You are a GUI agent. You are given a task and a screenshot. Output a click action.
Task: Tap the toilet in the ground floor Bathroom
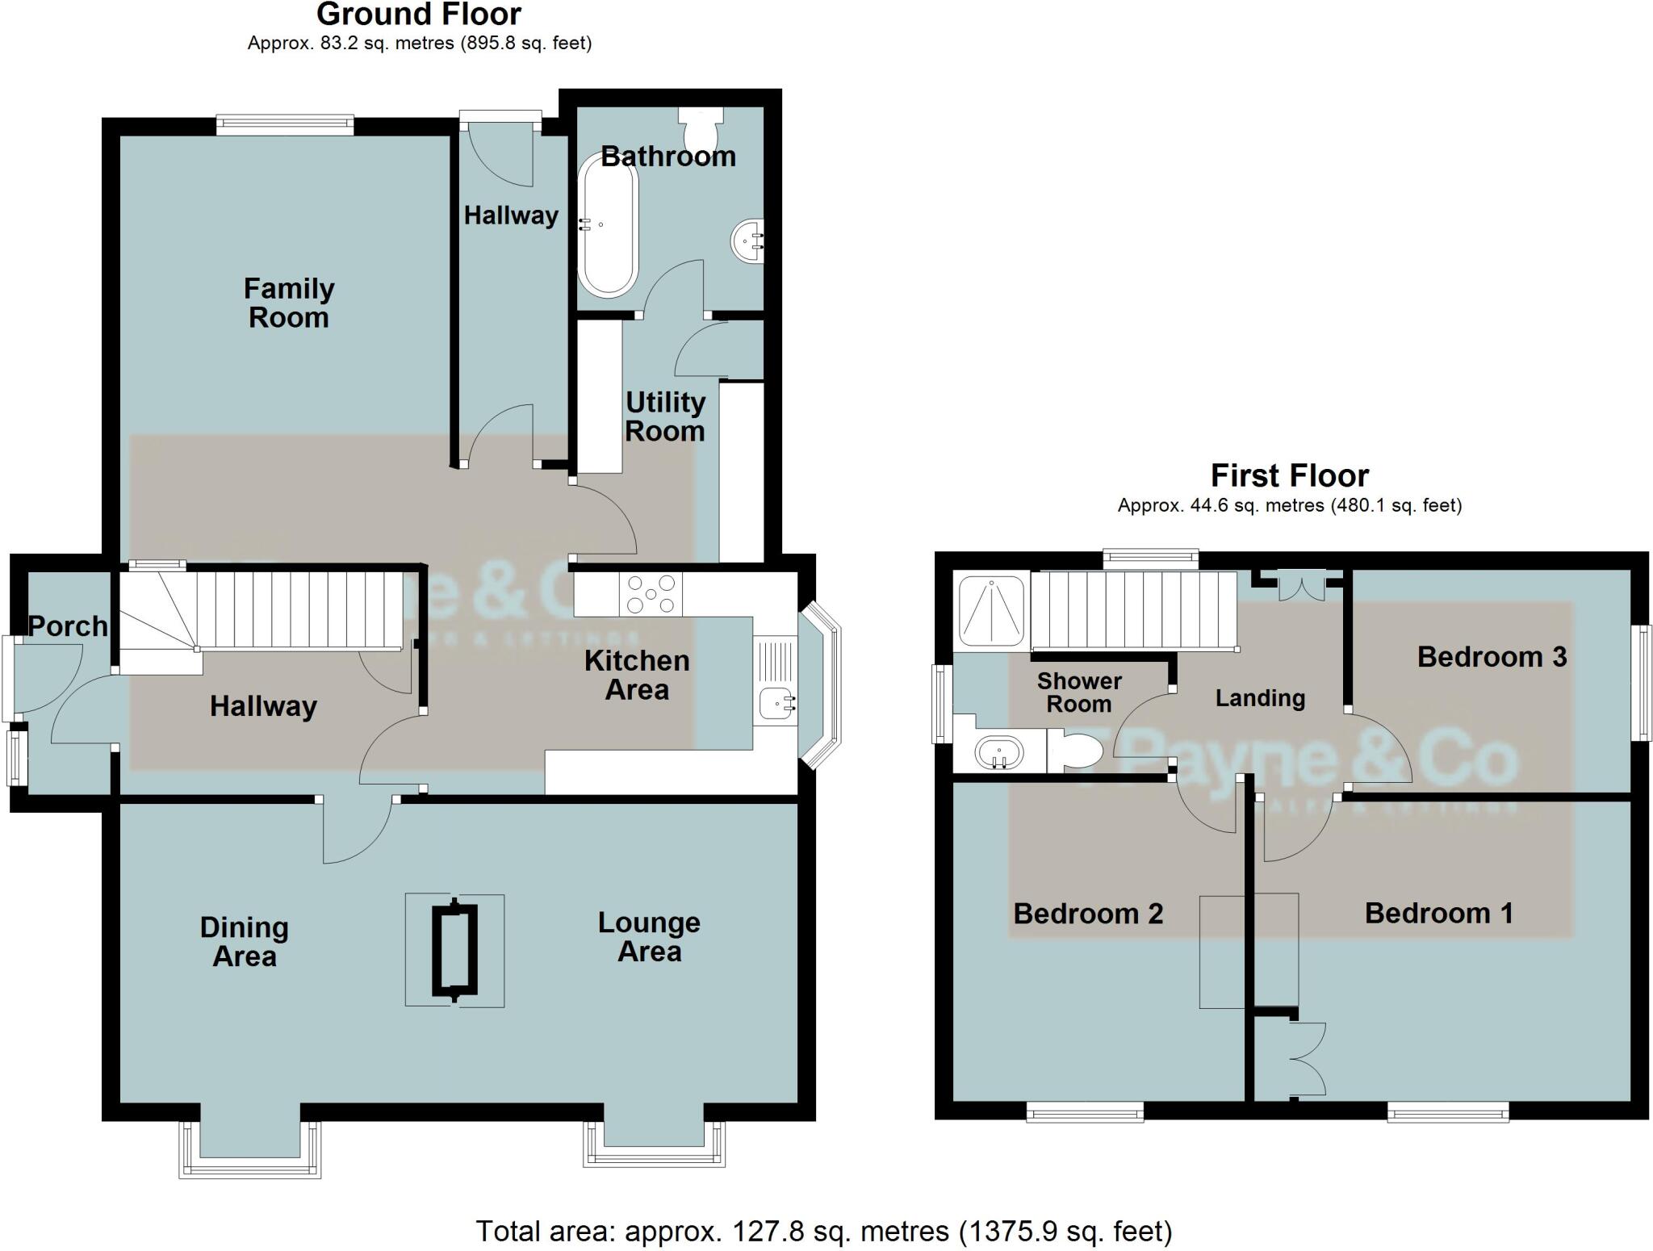click(701, 125)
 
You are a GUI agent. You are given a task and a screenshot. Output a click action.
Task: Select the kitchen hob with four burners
click(651, 594)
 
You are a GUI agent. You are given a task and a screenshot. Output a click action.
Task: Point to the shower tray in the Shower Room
click(991, 611)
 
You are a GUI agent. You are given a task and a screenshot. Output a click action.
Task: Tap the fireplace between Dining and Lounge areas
click(455, 951)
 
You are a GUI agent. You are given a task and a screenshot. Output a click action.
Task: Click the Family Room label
click(288, 303)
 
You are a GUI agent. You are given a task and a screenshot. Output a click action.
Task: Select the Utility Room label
click(665, 416)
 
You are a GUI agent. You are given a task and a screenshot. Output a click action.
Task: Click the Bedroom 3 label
click(1492, 657)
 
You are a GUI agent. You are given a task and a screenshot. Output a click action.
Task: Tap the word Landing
click(1260, 698)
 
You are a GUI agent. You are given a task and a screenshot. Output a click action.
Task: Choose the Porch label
click(67, 625)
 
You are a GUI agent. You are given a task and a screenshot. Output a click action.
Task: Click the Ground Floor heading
click(419, 15)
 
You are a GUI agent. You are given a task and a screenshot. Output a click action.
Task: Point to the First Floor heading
click(1289, 475)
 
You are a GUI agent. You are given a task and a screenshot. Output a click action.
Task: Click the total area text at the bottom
click(823, 1232)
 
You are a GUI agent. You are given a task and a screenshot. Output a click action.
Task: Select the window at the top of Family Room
click(285, 123)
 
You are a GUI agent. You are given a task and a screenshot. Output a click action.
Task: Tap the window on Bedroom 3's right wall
click(1641, 683)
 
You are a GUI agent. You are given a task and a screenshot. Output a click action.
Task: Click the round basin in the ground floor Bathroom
click(747, 241)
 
